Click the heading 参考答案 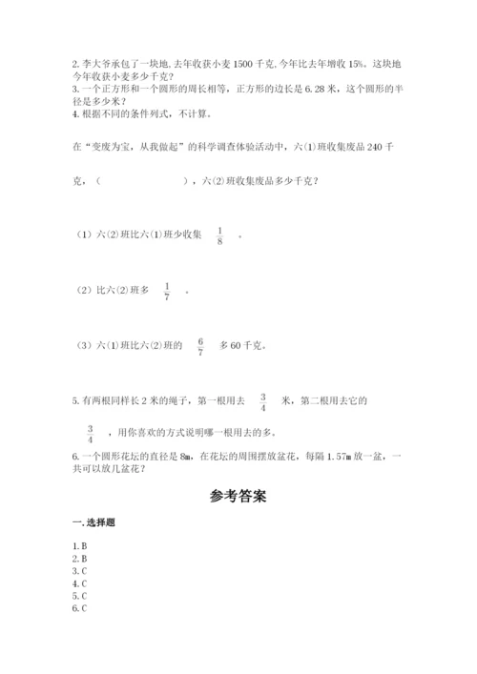(238, 497)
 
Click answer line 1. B (79, 545)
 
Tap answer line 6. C (79, 607)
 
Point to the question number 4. (73, 113)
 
